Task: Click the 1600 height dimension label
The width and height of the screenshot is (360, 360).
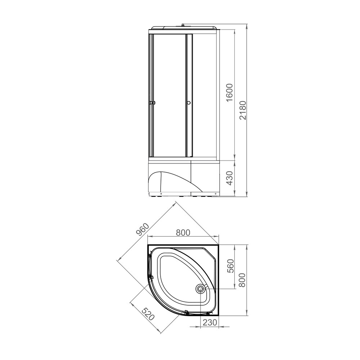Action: tap(229, 92)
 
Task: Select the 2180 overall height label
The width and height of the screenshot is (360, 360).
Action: tap(242, 110)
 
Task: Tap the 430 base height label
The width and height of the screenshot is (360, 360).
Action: tap(229, 178)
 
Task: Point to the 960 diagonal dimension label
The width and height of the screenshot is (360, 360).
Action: tap(143, 229)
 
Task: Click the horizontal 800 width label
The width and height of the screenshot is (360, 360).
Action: tap(183, 233)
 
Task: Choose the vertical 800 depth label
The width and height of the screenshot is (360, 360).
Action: tap(242, 280)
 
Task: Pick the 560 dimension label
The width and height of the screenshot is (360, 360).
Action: tap(230, 266)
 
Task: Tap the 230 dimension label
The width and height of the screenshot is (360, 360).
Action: tap(210, 322)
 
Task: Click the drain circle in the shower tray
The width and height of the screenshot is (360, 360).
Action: tap(200, 289)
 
